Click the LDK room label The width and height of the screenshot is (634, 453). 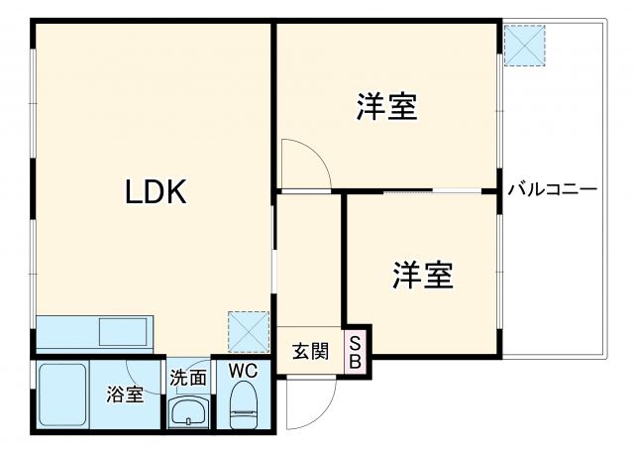click(156, 191)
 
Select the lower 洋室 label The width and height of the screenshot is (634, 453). click(422, 274)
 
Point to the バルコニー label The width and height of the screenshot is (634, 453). click(553, 188)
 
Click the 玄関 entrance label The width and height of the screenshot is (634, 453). click(310, 352)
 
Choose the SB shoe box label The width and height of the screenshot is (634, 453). click(356, 352)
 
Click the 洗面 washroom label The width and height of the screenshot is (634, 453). click(187, 377)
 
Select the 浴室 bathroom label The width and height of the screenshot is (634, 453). click(126, 395)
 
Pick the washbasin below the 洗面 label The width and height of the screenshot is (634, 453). click(187, 412)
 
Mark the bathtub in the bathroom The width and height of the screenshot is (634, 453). click(64, 395)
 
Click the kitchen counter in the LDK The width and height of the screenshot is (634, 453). click(94, 330)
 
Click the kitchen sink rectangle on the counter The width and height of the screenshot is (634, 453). click(122, 330)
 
